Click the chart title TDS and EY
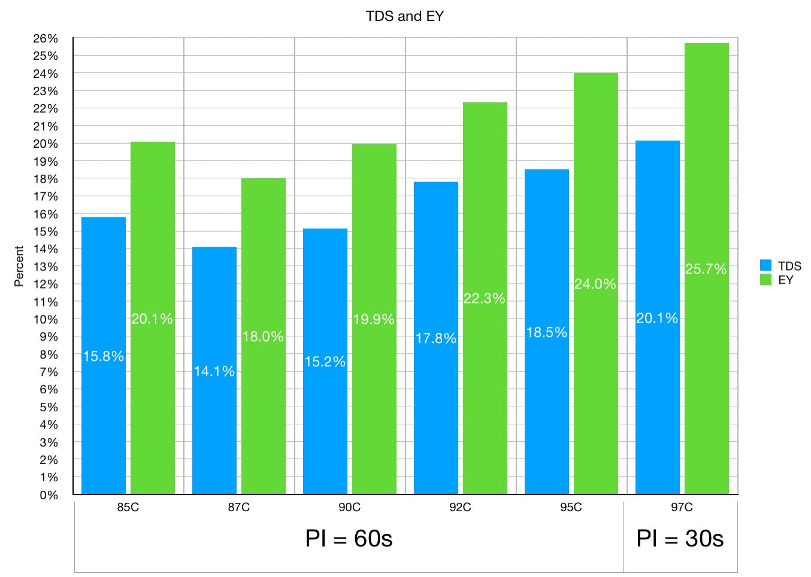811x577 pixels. (404, 16)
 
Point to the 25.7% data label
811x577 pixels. (706, 269)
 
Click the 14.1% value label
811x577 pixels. (214, 371)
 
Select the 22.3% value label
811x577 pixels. (485, 298)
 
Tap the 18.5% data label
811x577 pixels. (547, 332)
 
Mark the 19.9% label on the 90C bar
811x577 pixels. (374, 319)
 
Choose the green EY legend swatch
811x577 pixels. (765, 280)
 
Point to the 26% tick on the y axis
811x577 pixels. (46, 38)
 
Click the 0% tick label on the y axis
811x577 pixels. (49, 495)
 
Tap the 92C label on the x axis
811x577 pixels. (460, 507)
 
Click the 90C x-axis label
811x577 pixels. (349, 507)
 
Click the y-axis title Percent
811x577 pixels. (19, 266)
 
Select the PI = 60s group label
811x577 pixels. (349, 538)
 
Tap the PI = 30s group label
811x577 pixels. (680, 538)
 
